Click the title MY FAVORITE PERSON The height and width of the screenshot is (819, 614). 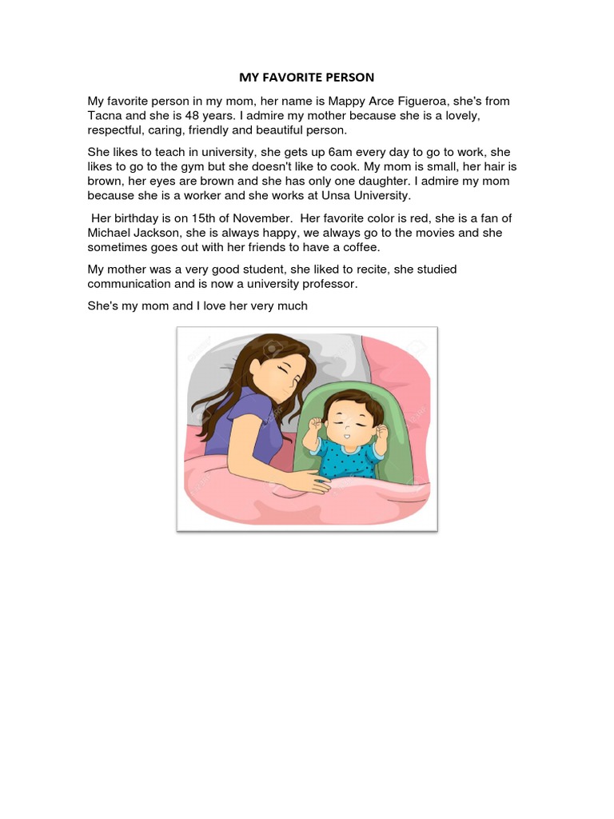click(307, 78)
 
